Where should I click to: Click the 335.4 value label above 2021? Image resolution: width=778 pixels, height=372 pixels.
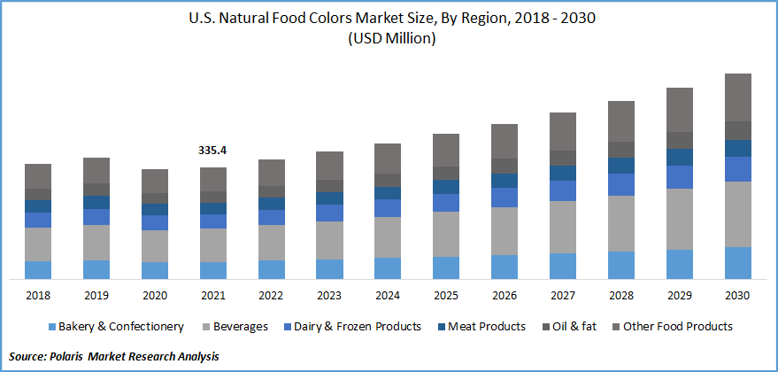(x=212, y=151)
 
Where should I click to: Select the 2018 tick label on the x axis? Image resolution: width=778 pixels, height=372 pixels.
(x=38, y=294)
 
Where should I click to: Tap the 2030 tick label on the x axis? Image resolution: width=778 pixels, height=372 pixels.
(x=738, y=294)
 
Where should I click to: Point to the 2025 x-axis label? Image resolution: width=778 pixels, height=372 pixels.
(x=446, y=294)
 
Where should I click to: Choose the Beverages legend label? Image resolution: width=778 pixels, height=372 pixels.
(x=239, y=327)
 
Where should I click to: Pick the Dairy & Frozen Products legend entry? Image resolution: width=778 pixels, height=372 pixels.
(x=358, y=327)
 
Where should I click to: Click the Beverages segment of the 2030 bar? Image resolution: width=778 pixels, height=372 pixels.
(x=738, y=214)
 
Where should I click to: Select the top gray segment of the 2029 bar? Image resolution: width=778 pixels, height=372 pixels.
(x=680, y=110)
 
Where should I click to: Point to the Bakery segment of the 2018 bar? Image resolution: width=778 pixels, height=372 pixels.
(x=38, y=270)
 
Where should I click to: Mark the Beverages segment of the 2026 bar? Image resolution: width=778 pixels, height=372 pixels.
(x=505, y=231)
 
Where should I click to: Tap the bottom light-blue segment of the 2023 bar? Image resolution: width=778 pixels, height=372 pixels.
(x=329, y=269)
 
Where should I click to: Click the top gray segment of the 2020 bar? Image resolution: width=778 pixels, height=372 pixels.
(x=155, y=181)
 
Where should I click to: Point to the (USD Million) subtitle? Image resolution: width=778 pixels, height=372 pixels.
(x=389, y=39)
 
